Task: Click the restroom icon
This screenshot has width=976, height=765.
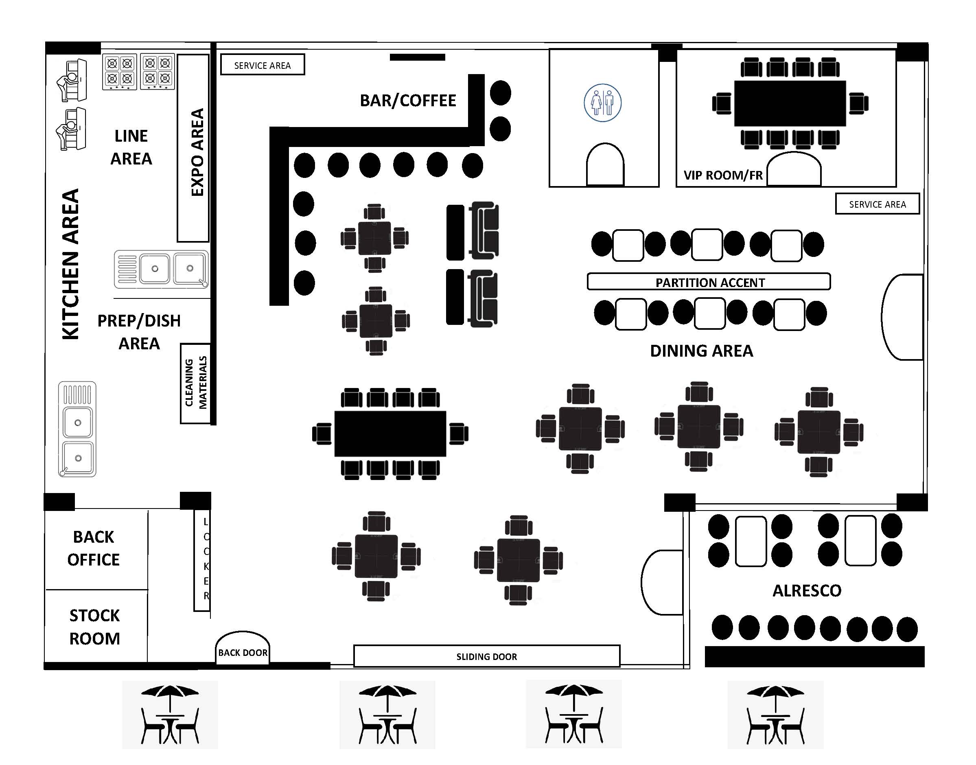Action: pos(602,103)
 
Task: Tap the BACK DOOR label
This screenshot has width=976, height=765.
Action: pos(243,653)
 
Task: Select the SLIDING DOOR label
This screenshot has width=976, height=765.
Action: pos(487,657)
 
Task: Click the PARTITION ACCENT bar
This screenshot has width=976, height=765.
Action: pos(709,282)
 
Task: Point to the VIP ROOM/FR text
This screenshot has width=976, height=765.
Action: pos(722,175)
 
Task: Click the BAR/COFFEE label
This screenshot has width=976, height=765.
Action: pos(408,101)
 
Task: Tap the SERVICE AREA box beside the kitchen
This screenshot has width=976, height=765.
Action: pos(263,66)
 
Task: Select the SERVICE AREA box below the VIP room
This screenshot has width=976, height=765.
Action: pos(877,204)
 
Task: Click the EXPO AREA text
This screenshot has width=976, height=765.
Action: pos(197,152)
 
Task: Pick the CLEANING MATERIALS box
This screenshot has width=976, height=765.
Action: pos(196,383)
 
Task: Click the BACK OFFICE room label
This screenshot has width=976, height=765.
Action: pos(94,548)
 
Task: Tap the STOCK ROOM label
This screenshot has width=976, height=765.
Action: pos(94,627)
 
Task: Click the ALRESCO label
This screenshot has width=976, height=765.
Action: pos(807,591)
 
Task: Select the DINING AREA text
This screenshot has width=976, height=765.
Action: pos(702,351)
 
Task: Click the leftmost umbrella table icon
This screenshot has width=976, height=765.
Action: pos(170,715)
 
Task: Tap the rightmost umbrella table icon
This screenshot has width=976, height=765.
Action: pos(775,715)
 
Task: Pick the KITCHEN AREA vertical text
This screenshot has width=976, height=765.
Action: pos(70,264)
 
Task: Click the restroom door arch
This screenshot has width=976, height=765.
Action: pos(605,164)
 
